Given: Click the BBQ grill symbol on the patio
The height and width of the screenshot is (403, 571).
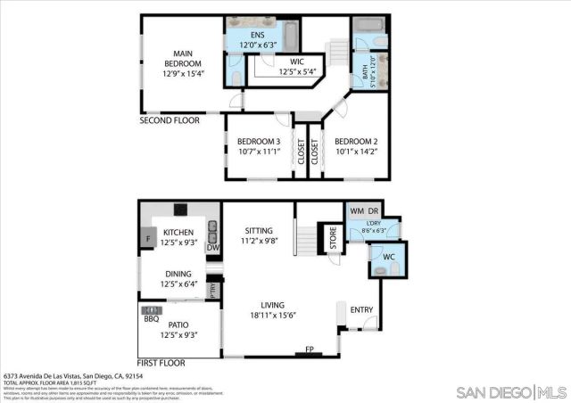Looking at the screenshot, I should pos(151,311).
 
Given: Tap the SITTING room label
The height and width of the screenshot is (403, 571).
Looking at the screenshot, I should pos(259,234).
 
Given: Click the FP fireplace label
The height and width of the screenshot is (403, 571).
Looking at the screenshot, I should pos(310,350).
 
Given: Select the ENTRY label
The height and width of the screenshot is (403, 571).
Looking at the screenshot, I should pos(362,309).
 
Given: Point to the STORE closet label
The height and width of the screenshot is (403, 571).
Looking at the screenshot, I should pos(334,239).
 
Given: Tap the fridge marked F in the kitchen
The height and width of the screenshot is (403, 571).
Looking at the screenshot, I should pos(148,239).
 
